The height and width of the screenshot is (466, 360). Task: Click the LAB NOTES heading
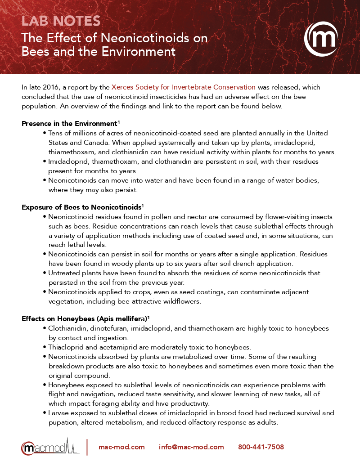click(61, 21)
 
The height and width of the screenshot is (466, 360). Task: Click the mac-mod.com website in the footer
click(121, 447)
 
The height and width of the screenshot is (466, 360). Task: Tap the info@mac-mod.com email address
click(191, 447)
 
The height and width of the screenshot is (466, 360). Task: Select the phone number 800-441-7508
click(261, 447)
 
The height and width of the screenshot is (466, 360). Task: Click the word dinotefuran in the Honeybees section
click(106, 328)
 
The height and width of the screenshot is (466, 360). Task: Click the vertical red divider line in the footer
click(87, 447)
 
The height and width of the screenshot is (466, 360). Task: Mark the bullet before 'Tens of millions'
click(45, 133)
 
